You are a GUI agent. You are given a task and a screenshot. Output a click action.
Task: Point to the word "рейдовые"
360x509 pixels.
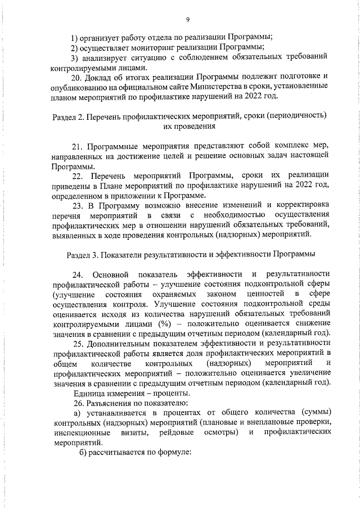tap(179, 432)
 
